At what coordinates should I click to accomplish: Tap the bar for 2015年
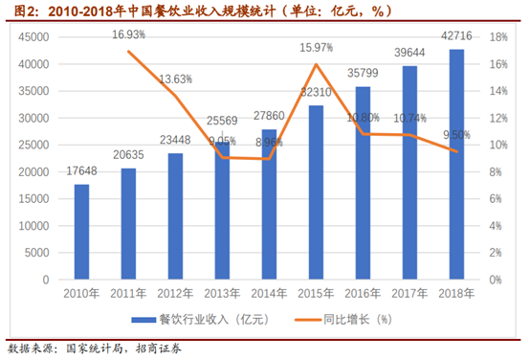[316, 192]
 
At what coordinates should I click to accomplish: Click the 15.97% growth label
[316, 47]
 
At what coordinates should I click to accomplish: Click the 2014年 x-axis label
[269, 293]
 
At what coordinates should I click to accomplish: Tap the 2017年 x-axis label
[409, 293]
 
